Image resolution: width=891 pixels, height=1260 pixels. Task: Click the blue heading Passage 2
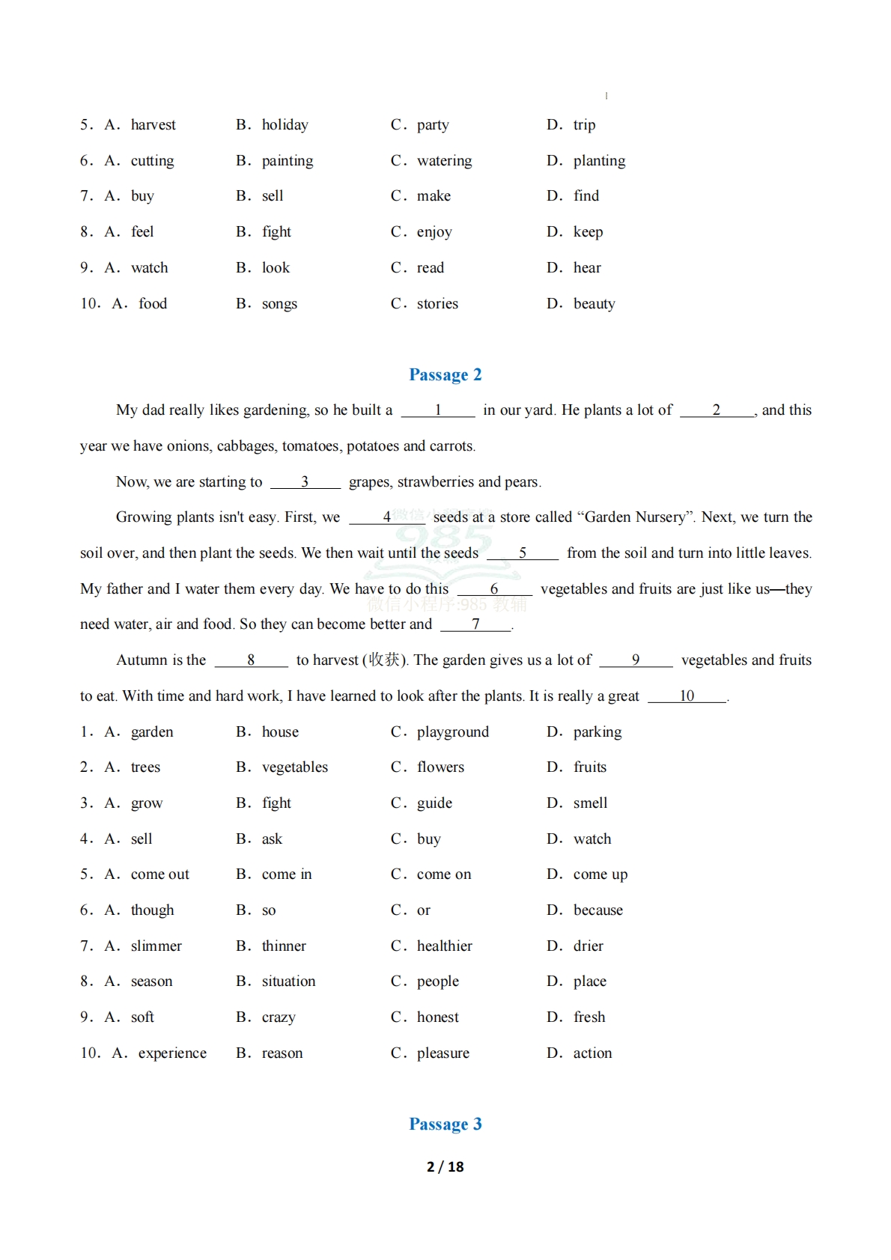click(x=445, y=374)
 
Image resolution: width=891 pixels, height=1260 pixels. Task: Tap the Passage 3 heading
click(x=445, y=1124)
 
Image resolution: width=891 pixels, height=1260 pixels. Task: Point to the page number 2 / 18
click(x=445, y=1166)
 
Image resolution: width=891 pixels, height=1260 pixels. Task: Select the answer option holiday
click(x=285, y=125)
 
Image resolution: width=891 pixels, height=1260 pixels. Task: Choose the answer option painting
click(x=288, y=161)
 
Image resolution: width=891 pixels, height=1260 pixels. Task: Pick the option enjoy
click(x=434, y=232)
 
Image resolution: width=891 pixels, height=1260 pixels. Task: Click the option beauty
click(x=594, y=304)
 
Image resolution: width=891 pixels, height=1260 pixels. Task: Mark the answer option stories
click(x=437, y=304)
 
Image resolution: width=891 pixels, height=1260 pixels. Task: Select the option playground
click(x=452, y=732)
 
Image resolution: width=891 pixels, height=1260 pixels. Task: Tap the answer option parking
click(x=597, y=732)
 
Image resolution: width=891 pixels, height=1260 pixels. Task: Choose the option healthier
click(x=444, y=946)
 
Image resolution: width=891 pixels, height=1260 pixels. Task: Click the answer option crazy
click(x=279, y=1017)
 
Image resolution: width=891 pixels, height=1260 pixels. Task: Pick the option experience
click(x=172, y=1053)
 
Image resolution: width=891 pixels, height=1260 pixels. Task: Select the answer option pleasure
click(x=443, y=1053)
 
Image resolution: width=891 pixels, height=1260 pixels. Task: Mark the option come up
click(x=600, y=874)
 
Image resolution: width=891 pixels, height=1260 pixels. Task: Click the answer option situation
click(x=288, y=981)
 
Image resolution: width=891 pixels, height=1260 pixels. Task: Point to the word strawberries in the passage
click(x=435, y=482)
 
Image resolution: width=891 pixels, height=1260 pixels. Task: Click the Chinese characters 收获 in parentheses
click(x=385, y=660)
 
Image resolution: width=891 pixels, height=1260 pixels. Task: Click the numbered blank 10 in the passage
click(x=687, y=696)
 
